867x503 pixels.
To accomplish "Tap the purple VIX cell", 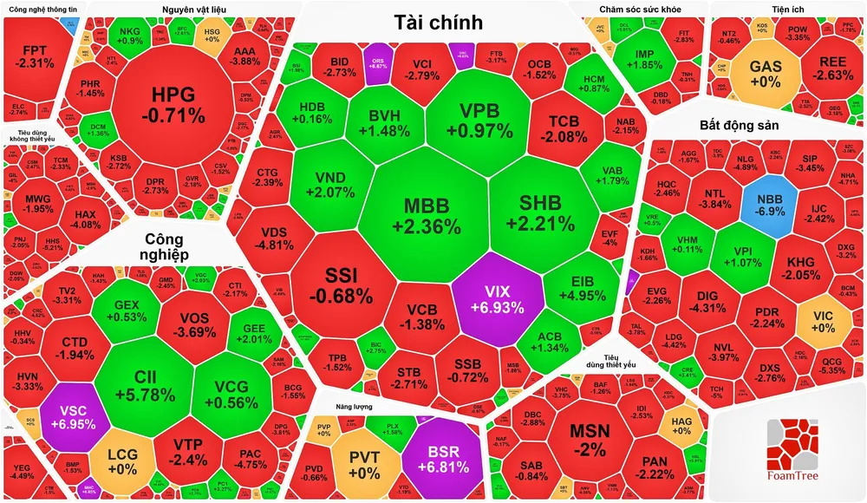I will (x=499, y=297).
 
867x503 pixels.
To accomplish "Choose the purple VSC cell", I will (x=72, y=419).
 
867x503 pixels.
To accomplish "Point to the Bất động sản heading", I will (x=740, y=126).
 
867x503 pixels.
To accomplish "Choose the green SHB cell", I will (x=540, y=212).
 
